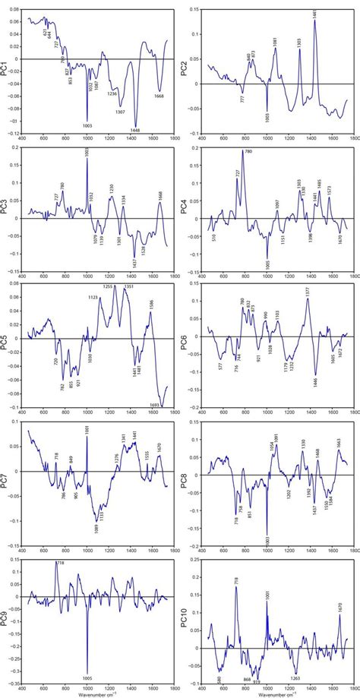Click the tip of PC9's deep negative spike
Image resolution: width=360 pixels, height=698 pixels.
(x=87, y=669)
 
